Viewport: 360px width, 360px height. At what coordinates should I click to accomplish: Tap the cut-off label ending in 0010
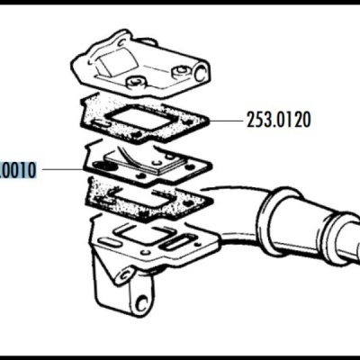coord(17,169)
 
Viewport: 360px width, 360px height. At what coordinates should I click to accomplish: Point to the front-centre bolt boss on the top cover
coord(134,85)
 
